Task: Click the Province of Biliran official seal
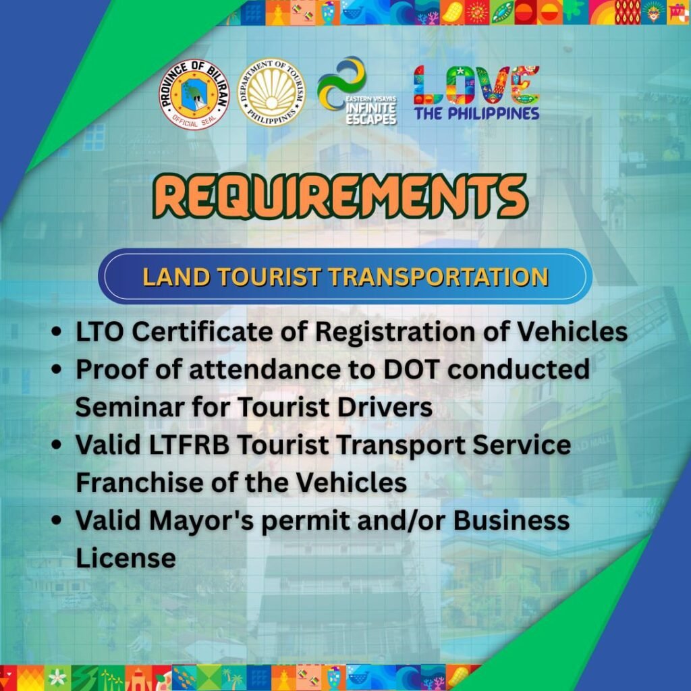pos(194,94)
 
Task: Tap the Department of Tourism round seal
pos(271,92)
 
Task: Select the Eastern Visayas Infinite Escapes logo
pos(357,91)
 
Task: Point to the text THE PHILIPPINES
pos(476,113)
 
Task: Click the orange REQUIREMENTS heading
pos(340,196)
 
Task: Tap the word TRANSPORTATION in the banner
pos(439,277)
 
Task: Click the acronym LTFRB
pos(189,445)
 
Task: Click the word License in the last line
pos(126,558)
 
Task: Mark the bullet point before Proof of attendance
pos(57,369)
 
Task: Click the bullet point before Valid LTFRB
pos(57,445)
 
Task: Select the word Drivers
pos(385,407)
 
